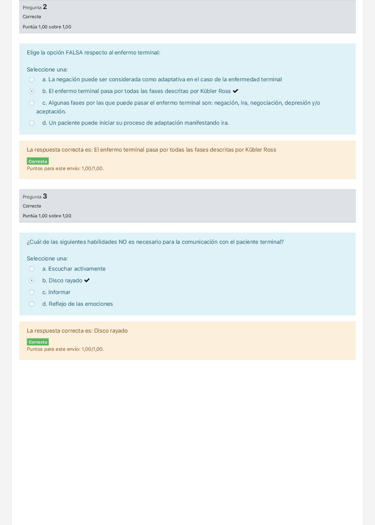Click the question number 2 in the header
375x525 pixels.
(x=45, y=7)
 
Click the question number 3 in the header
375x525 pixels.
(x=45, y=196)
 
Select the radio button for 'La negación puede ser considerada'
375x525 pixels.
(x=32, y=79)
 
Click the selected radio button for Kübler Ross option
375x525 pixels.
(x=32, y=91)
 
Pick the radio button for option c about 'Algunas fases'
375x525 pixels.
(x=32, y=103)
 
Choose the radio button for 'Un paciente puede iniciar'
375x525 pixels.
(x=32, y=123)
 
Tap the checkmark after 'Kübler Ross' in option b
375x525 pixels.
(x=235, y=91)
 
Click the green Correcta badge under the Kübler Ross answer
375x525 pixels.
(x=38, y=161)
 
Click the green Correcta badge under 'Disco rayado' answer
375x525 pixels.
(x=38, y=342)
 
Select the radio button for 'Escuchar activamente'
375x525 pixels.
(x=32, y=269)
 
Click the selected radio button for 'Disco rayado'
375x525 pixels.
(x=32, y=280)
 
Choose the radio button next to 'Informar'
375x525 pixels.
(x=32, y=292)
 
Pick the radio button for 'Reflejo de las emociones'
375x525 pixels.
(x=32, y=304)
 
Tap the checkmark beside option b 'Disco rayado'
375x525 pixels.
(x=87, y=280)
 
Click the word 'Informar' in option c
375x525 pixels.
(x=59, y=292)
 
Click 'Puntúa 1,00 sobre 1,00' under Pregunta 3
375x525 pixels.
(x=47, y=216)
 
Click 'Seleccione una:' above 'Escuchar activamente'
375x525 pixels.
(x=47, y=259)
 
